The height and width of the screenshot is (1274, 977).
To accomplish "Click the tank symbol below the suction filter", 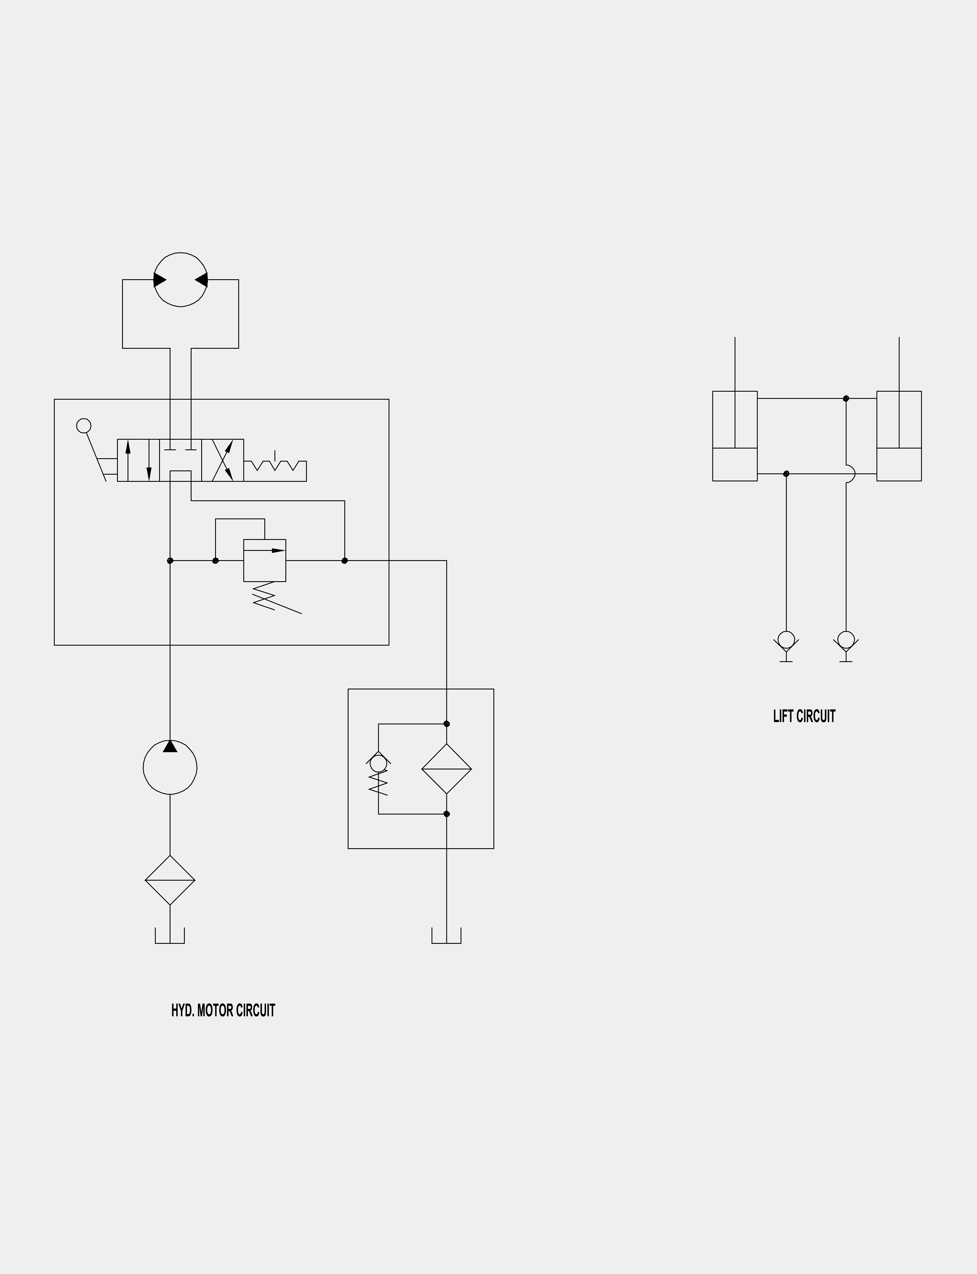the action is click(x=170, y=943).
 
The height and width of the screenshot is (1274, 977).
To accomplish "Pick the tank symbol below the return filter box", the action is click(x=447, y=943).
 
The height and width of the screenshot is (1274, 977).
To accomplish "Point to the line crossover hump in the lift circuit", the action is click(x=854, y=474).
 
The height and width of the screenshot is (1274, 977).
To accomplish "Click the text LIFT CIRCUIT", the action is click(x=804, y=716).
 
